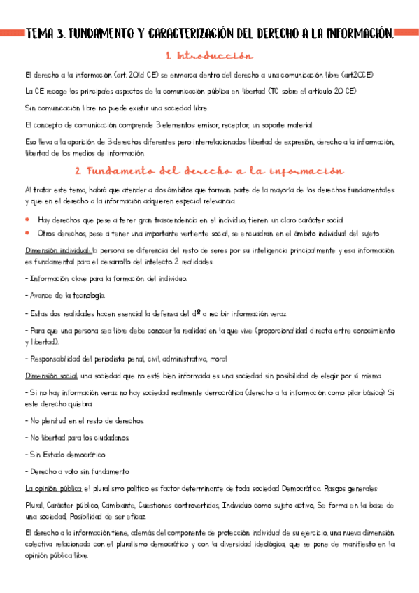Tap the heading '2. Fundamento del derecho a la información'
tap(209, 171)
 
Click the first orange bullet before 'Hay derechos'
tap(27, 219)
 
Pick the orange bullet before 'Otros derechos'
tap(27, 232)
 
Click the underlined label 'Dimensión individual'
tap(57, 250)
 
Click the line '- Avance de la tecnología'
tap(64, 296)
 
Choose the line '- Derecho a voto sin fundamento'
tap(76, 471)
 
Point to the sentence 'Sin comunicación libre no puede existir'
tap(116, 108)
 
